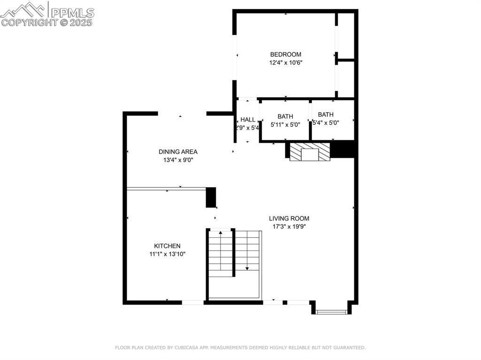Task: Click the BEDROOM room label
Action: (x=286, y=54)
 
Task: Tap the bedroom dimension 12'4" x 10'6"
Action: (x=286, y=62)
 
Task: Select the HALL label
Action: (x=248, y=120)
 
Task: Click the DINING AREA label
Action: (x=178, y=152)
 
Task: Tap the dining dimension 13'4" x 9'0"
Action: (x=178, y=160)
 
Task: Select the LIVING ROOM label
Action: (x=289, y=218)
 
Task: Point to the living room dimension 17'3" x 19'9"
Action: (x=289, y=226)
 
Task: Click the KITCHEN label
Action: (x=167, y=246)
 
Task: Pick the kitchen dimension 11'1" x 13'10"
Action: (x=167, y=254)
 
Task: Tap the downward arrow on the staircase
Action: (x=247, y=268)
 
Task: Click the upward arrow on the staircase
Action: (x=221, y=233)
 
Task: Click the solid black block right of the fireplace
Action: (x=344, y=150)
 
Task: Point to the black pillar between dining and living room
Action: (x=211, y=197)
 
